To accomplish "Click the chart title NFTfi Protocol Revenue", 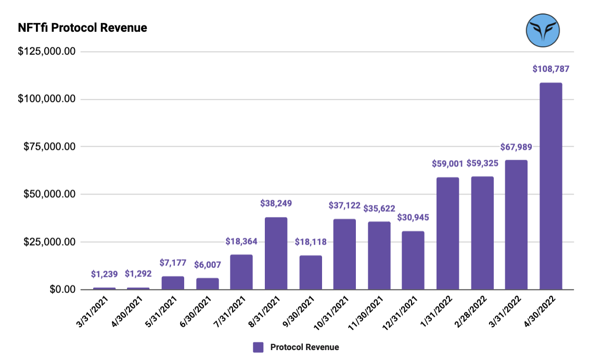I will point(82,28).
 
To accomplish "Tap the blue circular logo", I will point(542,30).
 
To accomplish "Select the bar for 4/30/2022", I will point(550,186).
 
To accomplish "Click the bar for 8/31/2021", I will point(276,253).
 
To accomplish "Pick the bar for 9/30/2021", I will point(310,272).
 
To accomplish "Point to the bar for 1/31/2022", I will point(447,233).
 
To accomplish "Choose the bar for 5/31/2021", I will point(173,282).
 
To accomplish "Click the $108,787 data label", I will point(550,69).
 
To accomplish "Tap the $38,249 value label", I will point(276,203).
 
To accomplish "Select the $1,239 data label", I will point(104,274).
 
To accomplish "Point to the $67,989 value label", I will point(516,147).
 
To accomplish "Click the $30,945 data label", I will point(413,217).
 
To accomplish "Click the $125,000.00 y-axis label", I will point(47,52).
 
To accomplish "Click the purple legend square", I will point(258,347).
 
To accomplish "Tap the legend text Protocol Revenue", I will point(304,347).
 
